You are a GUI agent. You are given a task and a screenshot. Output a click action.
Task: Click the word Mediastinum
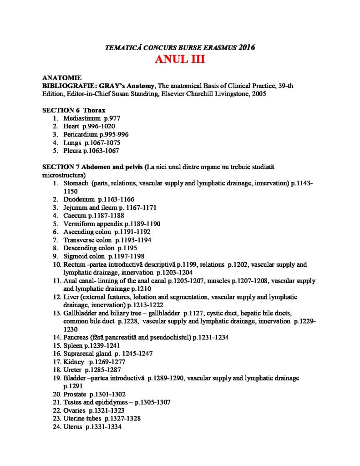point(82,118)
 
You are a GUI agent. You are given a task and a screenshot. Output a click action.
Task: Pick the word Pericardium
point(81,135)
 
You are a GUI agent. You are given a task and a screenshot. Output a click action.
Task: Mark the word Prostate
point(75,394)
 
